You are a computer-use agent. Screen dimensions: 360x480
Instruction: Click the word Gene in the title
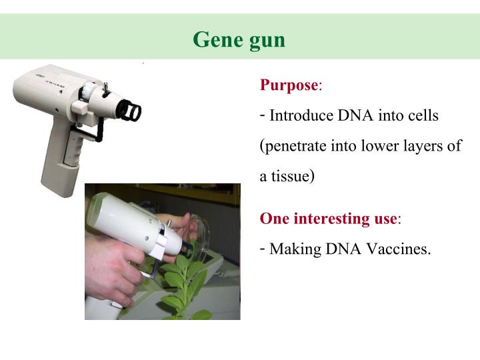tap(215, 40)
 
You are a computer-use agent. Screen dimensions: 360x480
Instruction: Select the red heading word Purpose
tap(289, 85)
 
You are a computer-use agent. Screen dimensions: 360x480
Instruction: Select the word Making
tap(295, 250)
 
